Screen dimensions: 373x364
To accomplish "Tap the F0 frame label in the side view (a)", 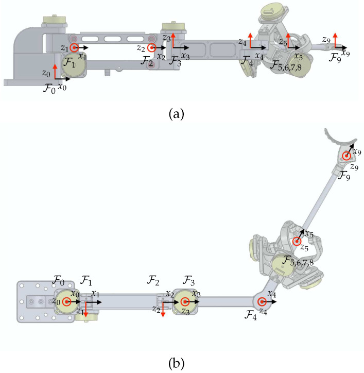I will tap(50, 88).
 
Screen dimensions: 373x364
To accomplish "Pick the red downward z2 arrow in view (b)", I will tap(163, 310).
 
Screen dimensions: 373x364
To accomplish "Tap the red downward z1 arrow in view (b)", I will tap(86, 310).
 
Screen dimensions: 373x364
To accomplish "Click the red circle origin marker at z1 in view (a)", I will tap(75, 48).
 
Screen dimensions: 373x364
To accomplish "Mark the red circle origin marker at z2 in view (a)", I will tap(151, 48).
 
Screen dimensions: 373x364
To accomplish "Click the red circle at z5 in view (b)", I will tap(297, 242).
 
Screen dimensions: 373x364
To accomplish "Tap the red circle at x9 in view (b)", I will tap(347, 155).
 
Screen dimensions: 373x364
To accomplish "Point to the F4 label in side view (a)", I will tap(248, 63).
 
